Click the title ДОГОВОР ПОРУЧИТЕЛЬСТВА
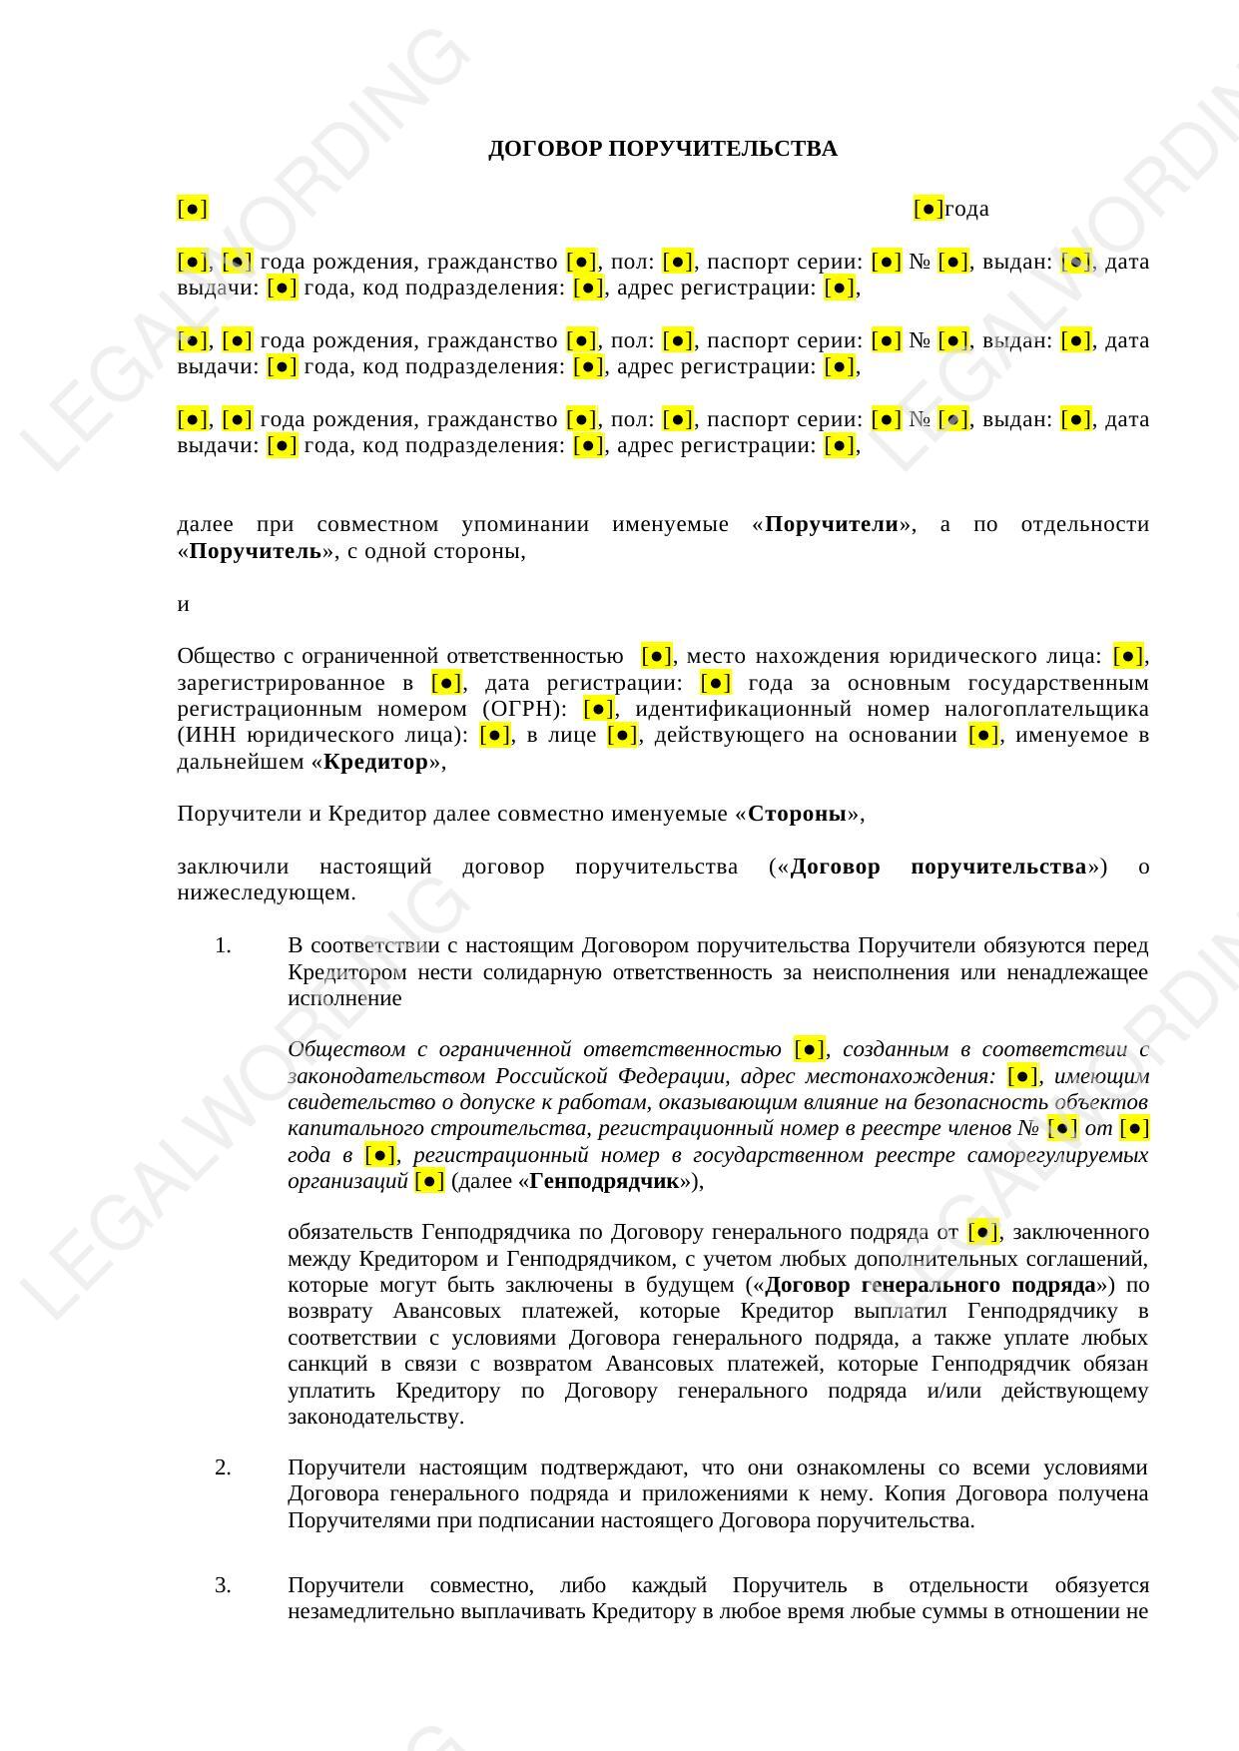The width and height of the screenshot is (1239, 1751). coord(662,149)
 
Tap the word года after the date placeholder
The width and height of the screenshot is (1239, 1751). coord(966,209)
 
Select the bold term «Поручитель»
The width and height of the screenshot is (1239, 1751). coord(256,551)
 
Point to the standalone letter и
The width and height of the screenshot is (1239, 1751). coord(183,604)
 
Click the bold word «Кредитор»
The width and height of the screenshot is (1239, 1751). coord(375,762)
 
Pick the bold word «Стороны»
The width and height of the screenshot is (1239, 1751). coord(798,814)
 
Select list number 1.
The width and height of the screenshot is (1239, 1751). coord(223,945)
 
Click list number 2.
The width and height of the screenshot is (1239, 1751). coord(223,1467)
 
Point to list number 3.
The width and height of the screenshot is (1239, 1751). coord(223,1585)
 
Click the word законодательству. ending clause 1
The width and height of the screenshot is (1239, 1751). coord(375,1417)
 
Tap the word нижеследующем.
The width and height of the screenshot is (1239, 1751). coord(267,892)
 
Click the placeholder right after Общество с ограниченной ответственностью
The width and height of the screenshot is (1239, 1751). coord(657,656)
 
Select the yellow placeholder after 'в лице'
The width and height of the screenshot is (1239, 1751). coord(622,736)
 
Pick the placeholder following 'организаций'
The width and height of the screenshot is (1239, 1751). coord(429,1181)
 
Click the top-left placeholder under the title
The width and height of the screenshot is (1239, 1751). coord(192,209)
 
